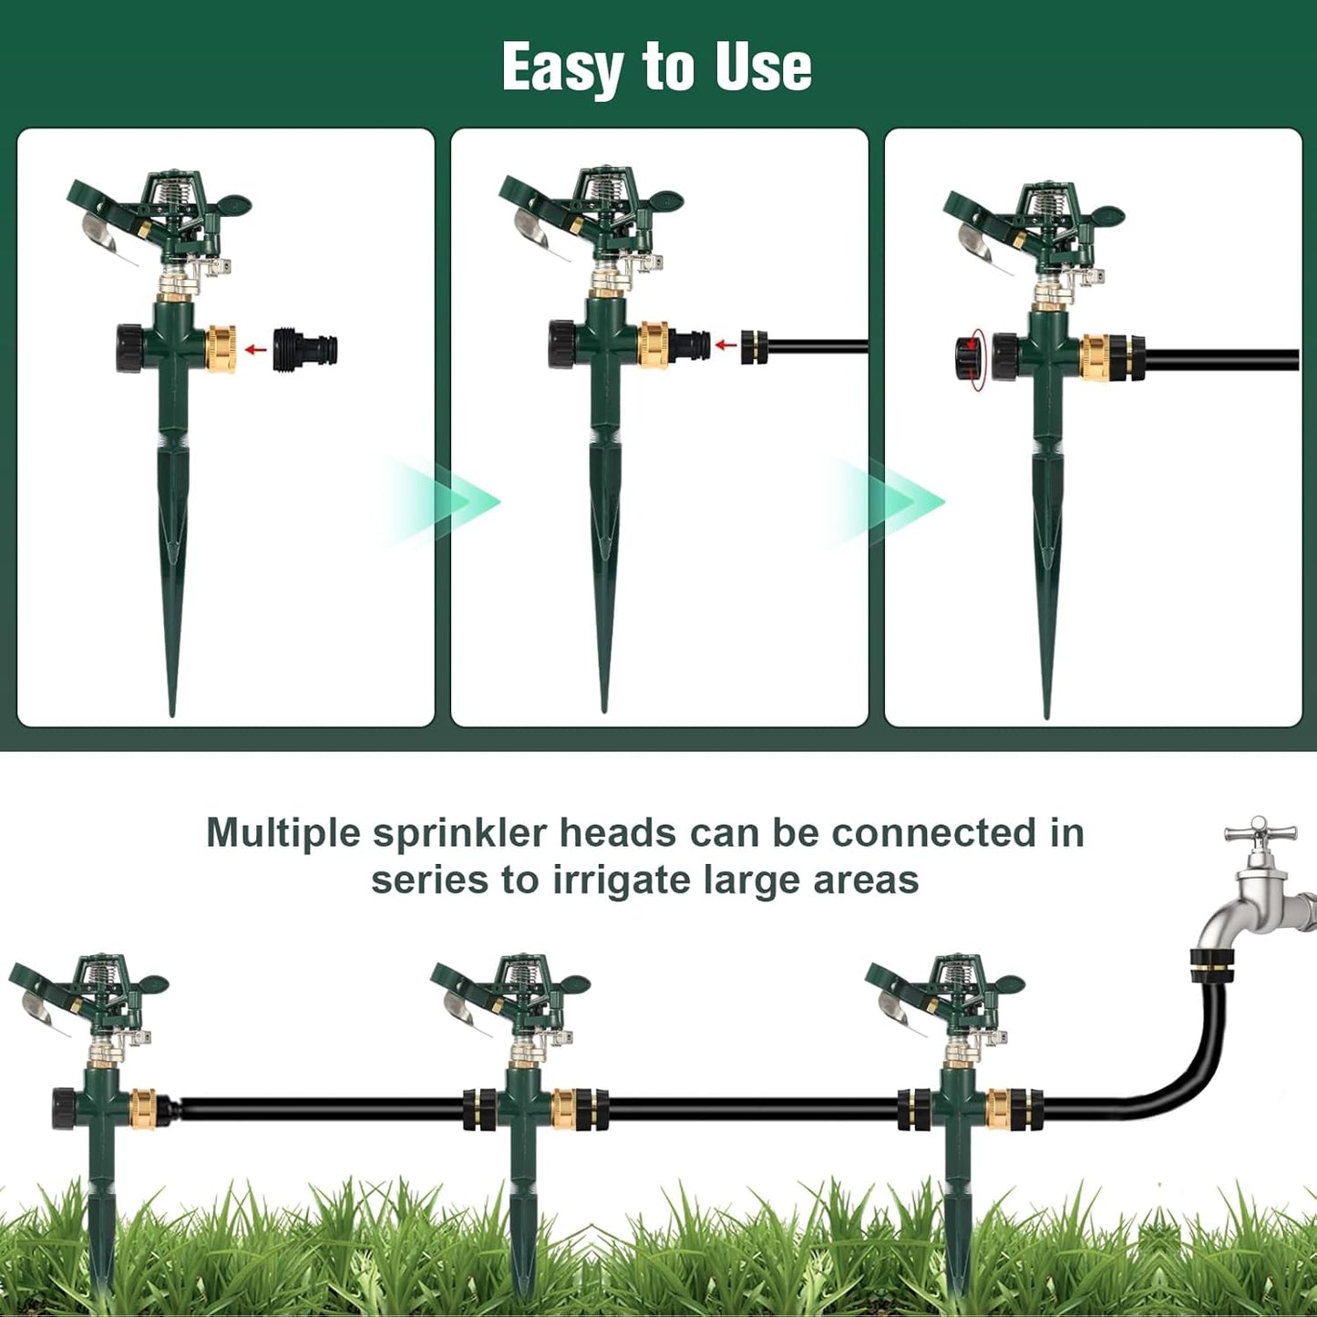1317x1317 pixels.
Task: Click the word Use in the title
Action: click(x=763, y=67)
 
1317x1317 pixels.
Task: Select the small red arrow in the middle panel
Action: click(x=725, y=345)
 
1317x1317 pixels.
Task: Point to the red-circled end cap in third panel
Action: click(x=969, y=359)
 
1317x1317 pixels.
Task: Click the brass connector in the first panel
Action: click(x=221, y=349)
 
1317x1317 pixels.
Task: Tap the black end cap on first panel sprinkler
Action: click(x=129, y=347)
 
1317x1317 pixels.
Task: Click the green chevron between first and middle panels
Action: click(x=456, y=501)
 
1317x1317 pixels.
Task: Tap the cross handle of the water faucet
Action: click(x=1260, y=831)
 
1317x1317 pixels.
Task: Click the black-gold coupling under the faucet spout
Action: click(x=1212, y=965)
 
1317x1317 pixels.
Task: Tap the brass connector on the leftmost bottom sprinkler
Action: click(x=145, y=1108)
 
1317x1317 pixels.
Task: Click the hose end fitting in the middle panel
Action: click(x=753, y=346)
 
